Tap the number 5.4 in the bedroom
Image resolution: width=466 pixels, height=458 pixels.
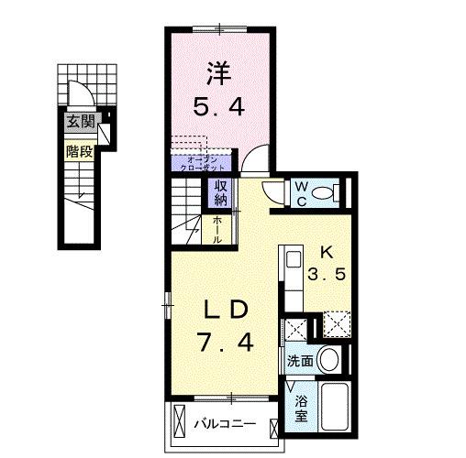pyautogui.click(x=219, y=107)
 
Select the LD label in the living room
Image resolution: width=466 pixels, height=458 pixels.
pyautogui.click(x=221, y=309)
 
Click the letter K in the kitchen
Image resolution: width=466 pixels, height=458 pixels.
pyautogui.click(x=326, y=251)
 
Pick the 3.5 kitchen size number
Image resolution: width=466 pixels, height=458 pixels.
pyautogui.click(x=326, y=275)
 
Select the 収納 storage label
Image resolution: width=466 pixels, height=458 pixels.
pyautogui.click(x=221, y=193)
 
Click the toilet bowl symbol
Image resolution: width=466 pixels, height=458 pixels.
pyautogui.click(x=322, y=193)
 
